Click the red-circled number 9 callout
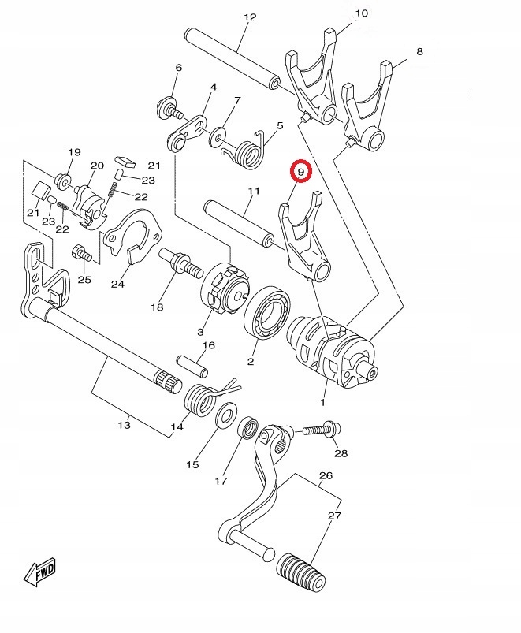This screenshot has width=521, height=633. pyautogui.click(x=300, y=171)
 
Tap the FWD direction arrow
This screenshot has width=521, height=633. pyautogui.click(x=39, y=572)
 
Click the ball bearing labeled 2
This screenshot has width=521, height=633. pyautogui.click(x=268, y=313)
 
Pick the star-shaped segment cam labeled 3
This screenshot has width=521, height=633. pyautogui.click(x=225, y=288)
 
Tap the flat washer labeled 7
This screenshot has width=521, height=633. pyautogui.click(x=218, y=137)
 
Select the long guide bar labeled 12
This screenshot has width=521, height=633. pyautogui.click(x=232, y=57)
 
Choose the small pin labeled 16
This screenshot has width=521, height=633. pyautogui.click(x=192, y=364)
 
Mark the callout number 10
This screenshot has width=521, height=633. pyautogui.click(x=362, y=13)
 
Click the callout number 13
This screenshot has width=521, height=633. pyautogui.click(x=125, y=425)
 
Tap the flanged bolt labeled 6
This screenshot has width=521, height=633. pyautogui.click(x=169, y=108)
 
